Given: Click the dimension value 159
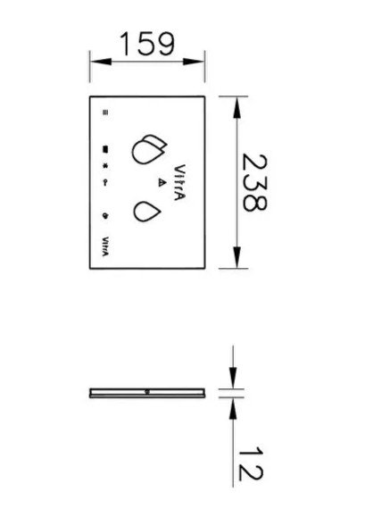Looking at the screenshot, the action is (x=147, y=44).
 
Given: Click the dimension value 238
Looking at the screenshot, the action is (x=254, y=182).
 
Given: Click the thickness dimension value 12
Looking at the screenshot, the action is (x=251, y=464).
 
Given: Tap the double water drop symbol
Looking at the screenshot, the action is (x=149, y=149).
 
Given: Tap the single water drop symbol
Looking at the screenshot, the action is (x=147, y=212).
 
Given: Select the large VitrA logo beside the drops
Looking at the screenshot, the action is (x=179, y=182).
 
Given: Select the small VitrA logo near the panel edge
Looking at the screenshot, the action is (x=105, y=246).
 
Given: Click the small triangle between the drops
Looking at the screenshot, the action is (x=162, y=182).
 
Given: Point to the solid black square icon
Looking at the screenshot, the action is (x=105, y=149).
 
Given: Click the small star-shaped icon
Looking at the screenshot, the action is (x=105, y=166).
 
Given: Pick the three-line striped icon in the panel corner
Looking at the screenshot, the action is (x=105, y=113).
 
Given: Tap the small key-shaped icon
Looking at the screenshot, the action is (x=105, y=183).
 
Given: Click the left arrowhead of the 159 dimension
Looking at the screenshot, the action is (x=101, y=62).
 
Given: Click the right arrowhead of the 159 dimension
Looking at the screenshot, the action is (x=194, y=62).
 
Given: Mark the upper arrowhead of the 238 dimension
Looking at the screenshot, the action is (x=236, y=107).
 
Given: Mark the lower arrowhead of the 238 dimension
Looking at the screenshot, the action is (x=236, y=257).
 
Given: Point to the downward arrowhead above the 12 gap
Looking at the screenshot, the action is (x=233, y=379).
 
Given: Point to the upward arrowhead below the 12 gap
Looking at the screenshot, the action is (x=233, y=409).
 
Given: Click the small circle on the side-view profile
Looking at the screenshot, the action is (x=147, y=392).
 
